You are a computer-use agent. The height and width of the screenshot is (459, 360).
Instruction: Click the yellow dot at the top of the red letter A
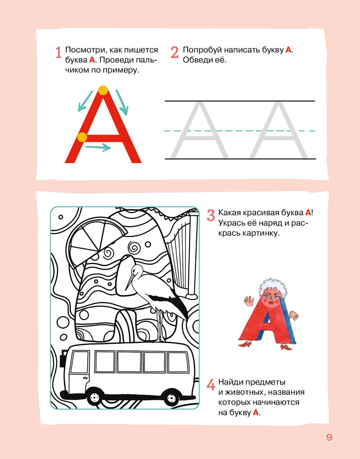(103, 90)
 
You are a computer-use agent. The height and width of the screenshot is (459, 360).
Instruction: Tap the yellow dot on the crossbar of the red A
(82, 137)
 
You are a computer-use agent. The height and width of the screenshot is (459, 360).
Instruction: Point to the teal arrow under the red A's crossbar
(98, 147)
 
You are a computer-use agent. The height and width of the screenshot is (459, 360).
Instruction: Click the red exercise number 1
(58, 52)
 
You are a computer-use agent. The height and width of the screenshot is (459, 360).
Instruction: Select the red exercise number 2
(175, 52)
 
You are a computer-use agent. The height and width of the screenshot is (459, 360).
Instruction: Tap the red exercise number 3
(211, 215)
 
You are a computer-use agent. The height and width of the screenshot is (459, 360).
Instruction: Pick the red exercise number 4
(211, 384)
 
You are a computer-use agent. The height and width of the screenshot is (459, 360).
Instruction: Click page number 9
(329, 437)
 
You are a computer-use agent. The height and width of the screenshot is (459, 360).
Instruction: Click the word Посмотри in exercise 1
(85, 50)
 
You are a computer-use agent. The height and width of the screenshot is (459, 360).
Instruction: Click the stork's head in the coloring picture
(135, 270)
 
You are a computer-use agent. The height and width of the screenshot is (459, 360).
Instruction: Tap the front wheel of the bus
(94, 398)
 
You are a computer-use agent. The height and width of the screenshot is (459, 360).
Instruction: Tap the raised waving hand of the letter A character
(249, 301)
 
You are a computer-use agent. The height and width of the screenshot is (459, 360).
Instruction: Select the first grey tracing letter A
(200, 130)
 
